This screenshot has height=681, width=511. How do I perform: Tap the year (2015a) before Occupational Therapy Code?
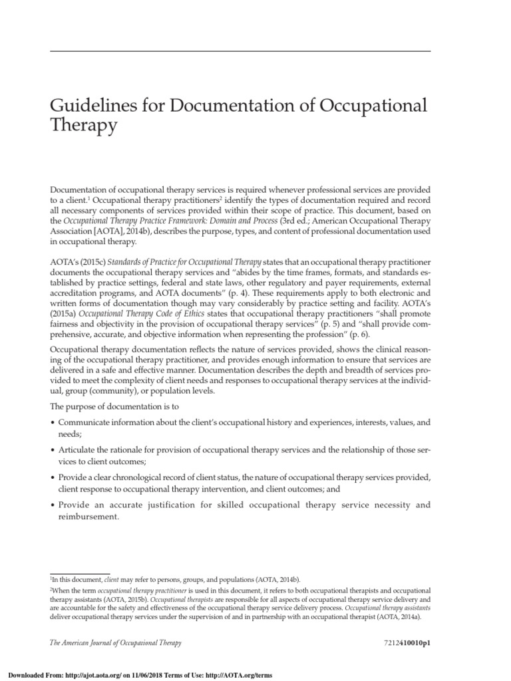click(67, 315)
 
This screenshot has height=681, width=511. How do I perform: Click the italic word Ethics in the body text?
click(200, 315)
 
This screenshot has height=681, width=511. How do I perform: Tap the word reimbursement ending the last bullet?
click(89, 516)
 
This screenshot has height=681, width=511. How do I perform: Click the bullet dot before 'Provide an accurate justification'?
click(53, 505)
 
